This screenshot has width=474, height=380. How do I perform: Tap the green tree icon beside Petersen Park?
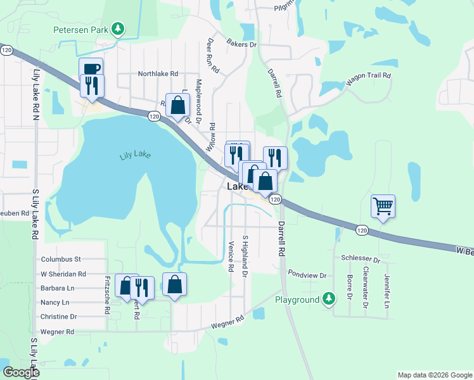tap(117, 28)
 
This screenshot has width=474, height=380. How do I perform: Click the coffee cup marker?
tap(91, 69)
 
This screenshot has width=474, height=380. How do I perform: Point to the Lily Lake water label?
tap(135, 154)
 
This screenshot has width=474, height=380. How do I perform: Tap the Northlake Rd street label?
tap(158, 73)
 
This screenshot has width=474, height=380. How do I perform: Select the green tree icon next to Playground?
tap(328, 298)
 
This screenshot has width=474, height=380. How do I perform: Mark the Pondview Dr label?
tap(307, 275)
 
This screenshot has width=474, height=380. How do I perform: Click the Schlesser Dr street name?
tap(360, 260)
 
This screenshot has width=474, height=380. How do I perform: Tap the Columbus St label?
tap(61, 259)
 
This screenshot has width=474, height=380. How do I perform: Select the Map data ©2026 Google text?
tap(434, 375)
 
